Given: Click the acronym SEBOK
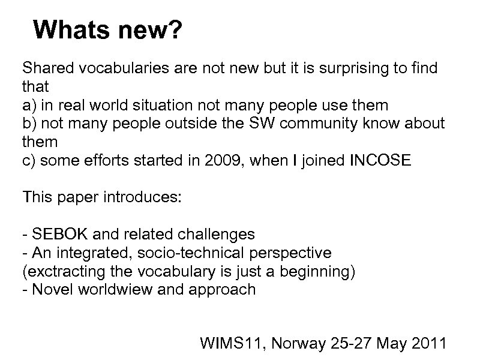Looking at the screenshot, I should [55, 235].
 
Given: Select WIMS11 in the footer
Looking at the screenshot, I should [227, 343].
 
